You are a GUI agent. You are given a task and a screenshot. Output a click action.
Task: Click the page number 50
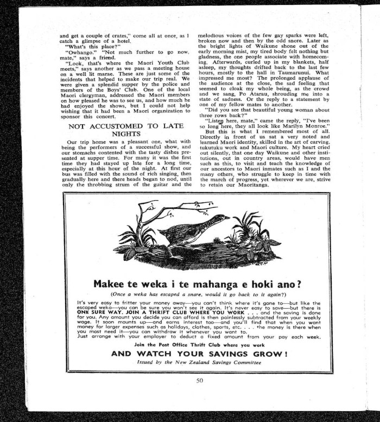199,380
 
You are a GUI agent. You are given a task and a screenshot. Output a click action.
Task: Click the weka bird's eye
219,218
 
